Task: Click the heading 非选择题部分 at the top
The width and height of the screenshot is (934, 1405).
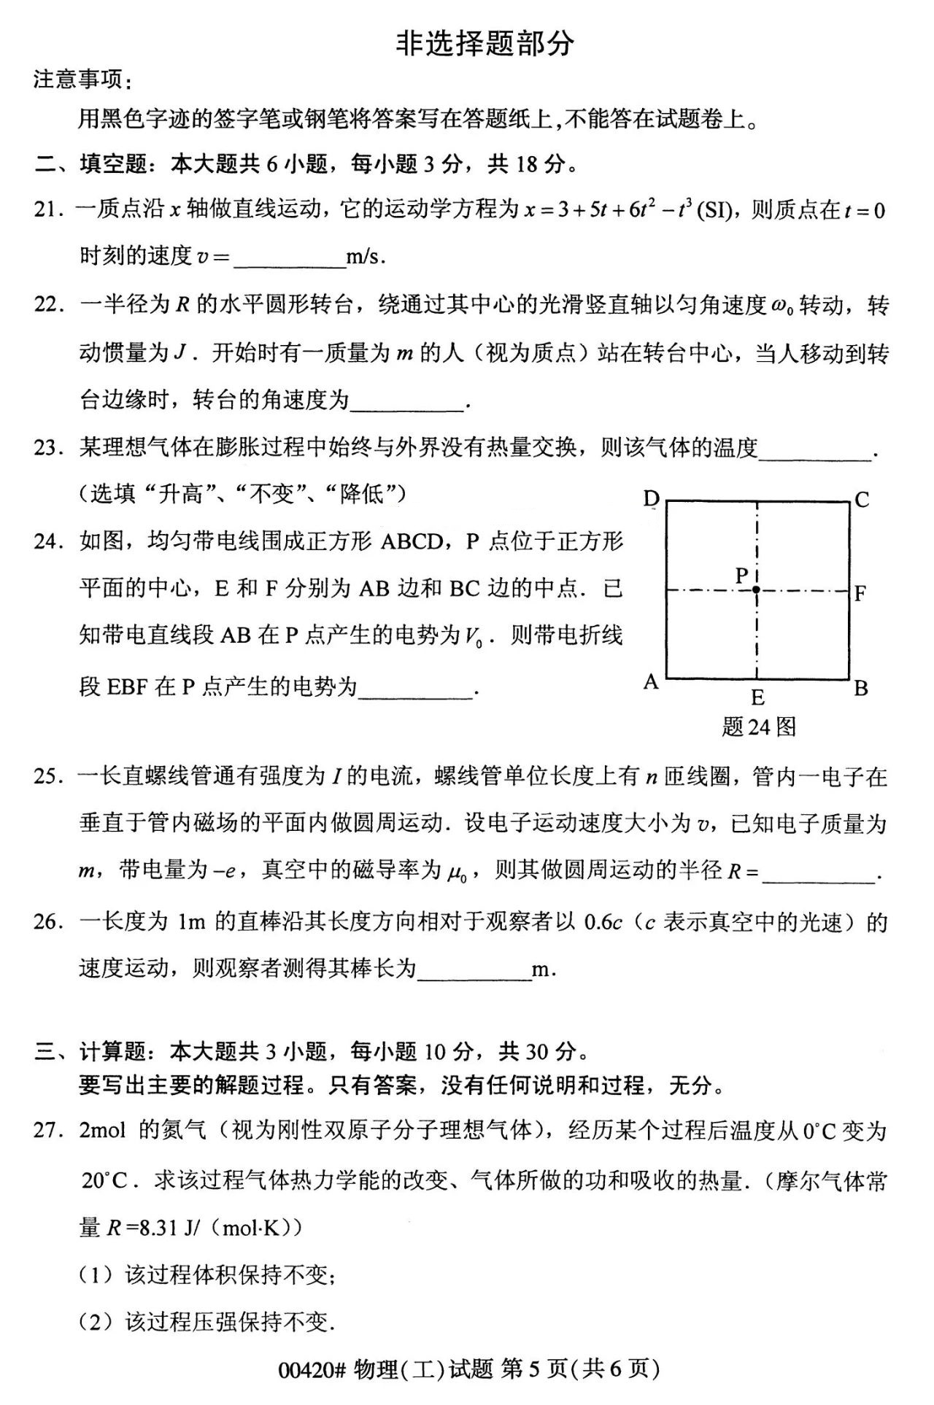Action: coord(485,44)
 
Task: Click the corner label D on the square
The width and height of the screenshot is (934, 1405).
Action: coord(651,499)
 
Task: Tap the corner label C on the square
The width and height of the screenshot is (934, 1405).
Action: coord(862,500)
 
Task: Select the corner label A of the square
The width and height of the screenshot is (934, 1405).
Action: coord(651,682)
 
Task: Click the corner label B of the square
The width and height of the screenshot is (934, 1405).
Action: coord(861,688)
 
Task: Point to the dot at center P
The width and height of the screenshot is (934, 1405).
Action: coord(757,589)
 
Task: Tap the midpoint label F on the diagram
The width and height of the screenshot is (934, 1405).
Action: coord(860,593)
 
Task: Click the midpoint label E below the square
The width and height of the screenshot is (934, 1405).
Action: coord(757,697)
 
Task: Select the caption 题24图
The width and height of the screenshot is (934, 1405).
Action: coord(758,727)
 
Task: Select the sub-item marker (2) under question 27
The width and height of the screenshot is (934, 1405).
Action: coord(96,1321)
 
